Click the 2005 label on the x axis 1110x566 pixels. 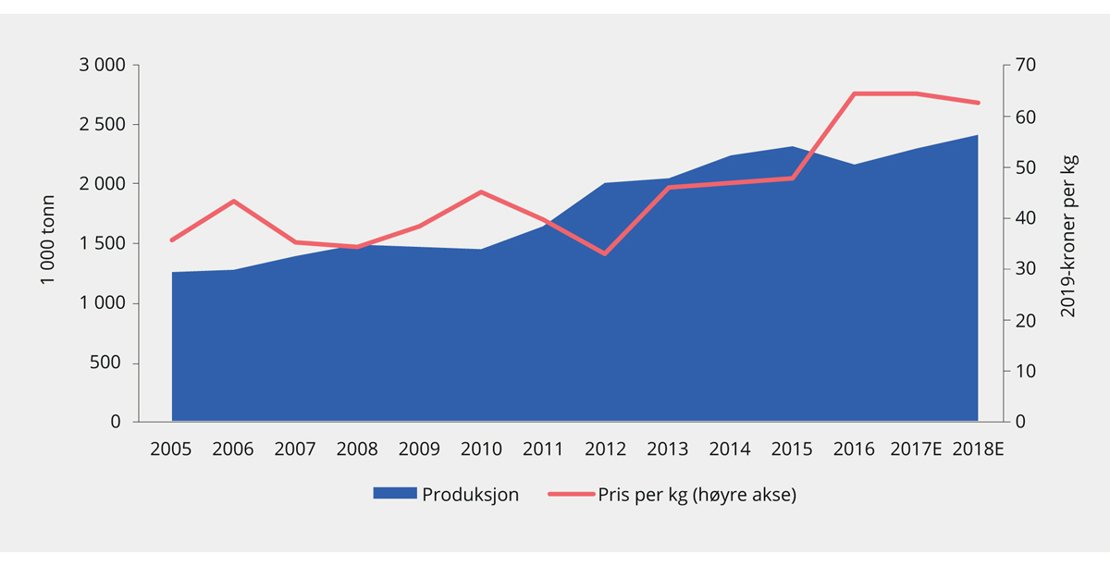pos(171,449)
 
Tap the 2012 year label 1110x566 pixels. pos(606,449)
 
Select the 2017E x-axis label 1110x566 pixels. pos(916,449)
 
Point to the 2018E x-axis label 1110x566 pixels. pos(978,449)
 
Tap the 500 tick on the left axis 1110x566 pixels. pos(106,363)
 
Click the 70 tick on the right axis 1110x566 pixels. pos(1027,66)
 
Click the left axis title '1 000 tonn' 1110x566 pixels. pos(49,240)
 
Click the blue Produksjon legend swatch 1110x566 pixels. pos(394,495)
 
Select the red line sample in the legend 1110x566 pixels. pos(571,495)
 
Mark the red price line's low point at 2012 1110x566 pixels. pos(606,253)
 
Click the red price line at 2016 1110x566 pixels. pos(854,93)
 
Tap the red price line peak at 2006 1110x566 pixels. pos(234,201)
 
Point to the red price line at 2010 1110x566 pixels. pos(482,191)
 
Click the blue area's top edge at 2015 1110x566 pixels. pos(792,147)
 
